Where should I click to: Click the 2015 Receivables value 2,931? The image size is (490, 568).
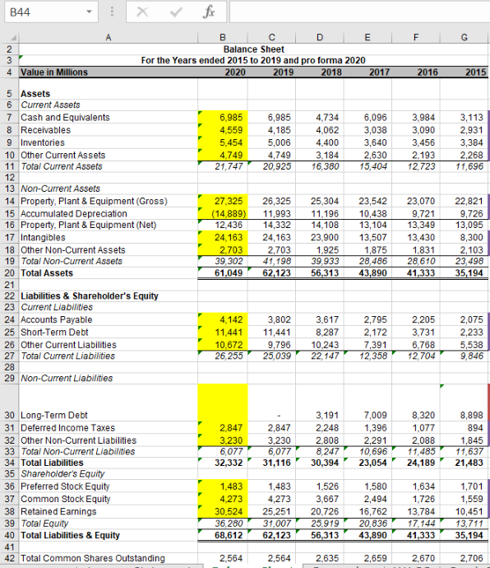469,129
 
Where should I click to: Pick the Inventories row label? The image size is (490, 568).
44,142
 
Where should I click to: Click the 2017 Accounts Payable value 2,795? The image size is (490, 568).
372,319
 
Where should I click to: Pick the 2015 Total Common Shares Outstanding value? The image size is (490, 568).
469,558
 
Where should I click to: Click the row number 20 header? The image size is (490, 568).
7,272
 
